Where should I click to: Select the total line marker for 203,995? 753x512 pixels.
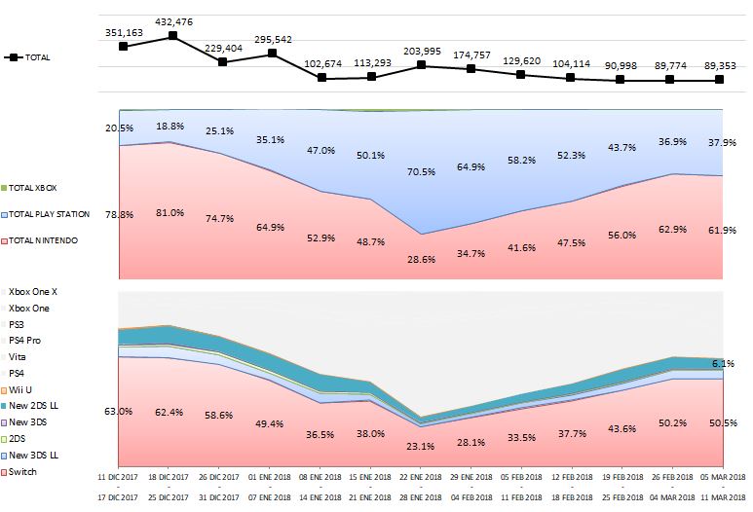tap(421, 65)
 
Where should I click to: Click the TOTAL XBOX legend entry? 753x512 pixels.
tap(34, 187)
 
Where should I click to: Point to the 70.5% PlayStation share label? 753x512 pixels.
tap(421, 171)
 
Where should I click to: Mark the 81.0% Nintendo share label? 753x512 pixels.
tap(172, 213)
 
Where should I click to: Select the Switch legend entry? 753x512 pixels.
tap(22, 472)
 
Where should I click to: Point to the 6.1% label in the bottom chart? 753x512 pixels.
tap(722, 363)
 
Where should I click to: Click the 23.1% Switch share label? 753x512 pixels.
tap(421, 446)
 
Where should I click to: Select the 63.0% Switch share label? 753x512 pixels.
tap(119, 412)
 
